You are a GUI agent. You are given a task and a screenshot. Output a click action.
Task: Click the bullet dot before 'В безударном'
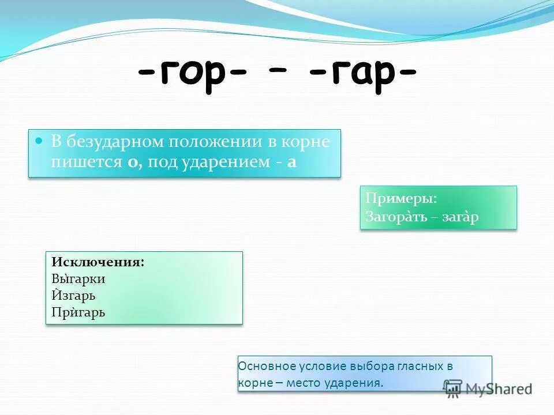tap(39, 141)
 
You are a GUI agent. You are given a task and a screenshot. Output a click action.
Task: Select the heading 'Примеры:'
tap(401, 198)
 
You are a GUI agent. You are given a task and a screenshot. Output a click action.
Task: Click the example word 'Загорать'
tap(395, 217)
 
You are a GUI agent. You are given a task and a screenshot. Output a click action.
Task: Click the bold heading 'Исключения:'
tap(98, 262)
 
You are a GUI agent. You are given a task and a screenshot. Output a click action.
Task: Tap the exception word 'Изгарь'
tap(73, 296)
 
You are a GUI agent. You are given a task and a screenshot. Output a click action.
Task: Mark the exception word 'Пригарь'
tap(78, 312)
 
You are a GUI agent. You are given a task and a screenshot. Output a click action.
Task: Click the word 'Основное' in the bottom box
tap(267, 366)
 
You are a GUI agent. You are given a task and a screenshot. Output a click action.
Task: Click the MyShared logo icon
tap(453, 387)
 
